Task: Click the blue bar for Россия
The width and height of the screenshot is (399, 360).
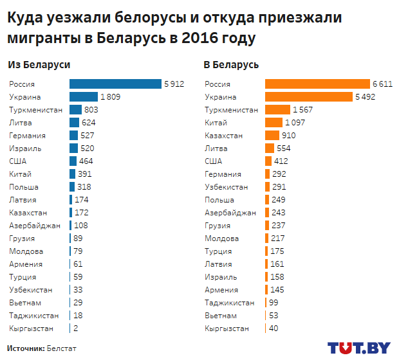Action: pos(115,84)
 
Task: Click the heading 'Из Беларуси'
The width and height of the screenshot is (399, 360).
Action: pos(39,65)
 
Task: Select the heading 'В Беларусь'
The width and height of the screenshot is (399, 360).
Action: pos(231,65)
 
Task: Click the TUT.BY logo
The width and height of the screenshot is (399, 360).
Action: pos(358,348)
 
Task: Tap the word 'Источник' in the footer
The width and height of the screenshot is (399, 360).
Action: pos(25,348)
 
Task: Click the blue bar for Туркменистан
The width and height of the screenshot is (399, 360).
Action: pos(75,110)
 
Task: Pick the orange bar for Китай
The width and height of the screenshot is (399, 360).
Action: pos(274,123)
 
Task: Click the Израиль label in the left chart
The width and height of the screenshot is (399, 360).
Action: pos(26,148)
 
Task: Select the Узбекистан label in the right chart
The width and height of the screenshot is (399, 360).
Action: pos(227,187)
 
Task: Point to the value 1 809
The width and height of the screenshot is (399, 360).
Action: pos(110,97)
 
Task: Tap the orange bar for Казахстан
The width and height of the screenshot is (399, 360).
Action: pos(272,136)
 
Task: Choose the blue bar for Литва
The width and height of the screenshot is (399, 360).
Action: pos(74,123)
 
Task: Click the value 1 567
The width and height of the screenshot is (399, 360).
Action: pos(302,110)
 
